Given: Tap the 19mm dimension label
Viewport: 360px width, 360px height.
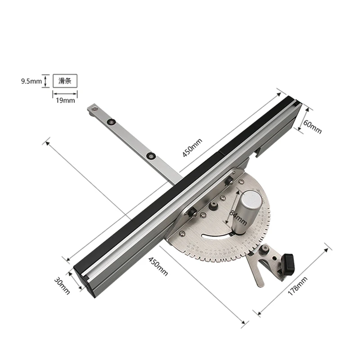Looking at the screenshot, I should [66, 100].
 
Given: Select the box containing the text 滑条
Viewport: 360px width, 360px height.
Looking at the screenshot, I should [65, 81].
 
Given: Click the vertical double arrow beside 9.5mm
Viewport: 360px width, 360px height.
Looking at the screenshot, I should [45, 81].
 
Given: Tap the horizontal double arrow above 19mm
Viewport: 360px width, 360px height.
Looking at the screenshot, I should [65, 93].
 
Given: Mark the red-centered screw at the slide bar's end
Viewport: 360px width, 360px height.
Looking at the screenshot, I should [95, 108].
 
